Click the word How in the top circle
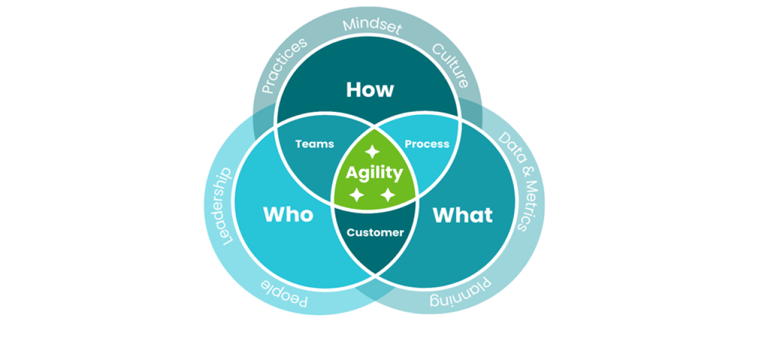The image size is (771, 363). [x=369, y=89]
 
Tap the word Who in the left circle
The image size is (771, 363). [x=288, y=214]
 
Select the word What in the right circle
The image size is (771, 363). [x=463, y=215]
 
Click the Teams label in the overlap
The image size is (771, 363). [x=314, y=144]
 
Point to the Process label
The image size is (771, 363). [x=427, y=144]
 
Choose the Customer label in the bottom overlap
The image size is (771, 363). [x=375, y=233]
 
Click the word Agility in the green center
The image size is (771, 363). [x=375, y=173]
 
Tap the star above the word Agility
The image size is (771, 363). [x=372, y=152]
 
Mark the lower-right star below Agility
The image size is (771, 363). [x=388, y=195]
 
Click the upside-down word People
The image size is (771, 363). [x=285, y=294]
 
